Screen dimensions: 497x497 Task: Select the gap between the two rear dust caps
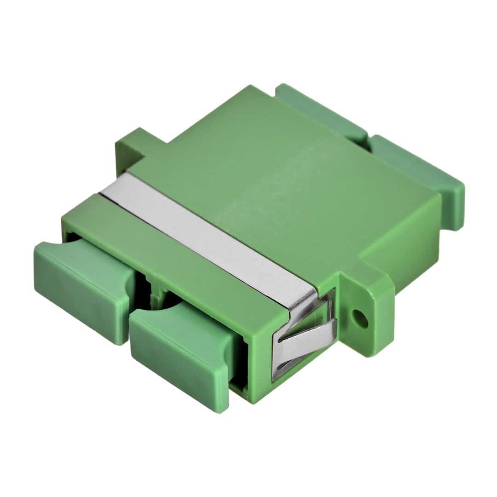point(368,138)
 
